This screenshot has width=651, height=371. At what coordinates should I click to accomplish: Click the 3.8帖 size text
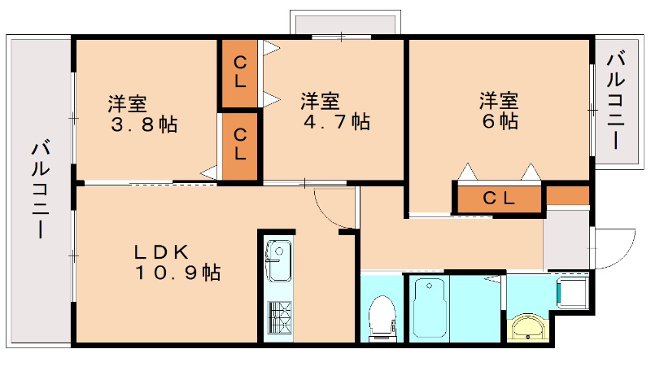point(145,125)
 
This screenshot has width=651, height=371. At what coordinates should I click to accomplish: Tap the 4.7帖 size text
point(337,122)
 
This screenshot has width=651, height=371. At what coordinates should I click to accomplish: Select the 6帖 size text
point(499,121)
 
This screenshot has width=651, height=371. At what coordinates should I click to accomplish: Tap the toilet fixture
point(381,320)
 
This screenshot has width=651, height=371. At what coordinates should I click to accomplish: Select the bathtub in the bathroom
point(430,309)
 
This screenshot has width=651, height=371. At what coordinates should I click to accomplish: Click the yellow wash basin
point(529,329)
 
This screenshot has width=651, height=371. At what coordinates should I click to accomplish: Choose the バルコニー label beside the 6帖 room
point(615,99)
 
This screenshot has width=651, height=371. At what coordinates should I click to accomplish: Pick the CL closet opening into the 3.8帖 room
point(240,145)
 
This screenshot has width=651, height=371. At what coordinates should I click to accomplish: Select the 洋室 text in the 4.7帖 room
point(320,102)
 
